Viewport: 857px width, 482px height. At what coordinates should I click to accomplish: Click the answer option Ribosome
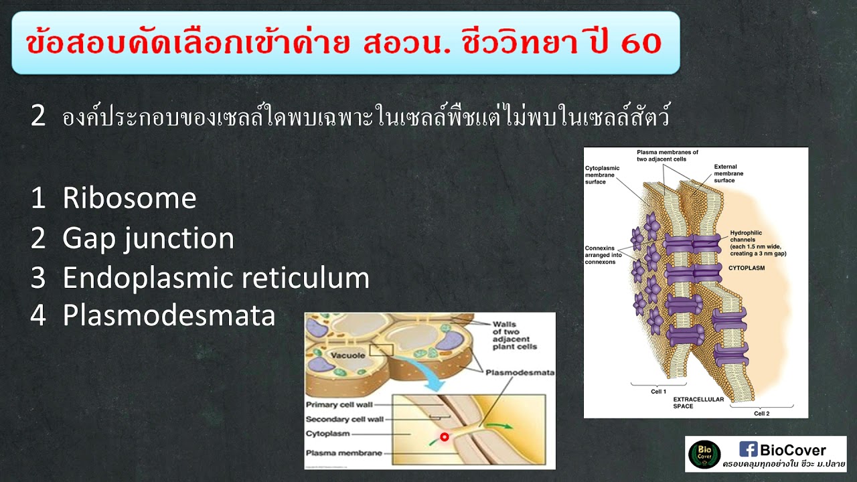(x=129, y=198)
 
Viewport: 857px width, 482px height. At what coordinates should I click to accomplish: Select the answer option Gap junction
(x=148, y=238)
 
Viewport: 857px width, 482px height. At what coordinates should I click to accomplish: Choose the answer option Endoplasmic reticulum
(x=216, y=278)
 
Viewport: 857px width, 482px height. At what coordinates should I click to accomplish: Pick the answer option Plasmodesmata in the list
(x=169, y=316)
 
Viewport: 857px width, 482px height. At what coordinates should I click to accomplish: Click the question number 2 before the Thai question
(x=38, y=116)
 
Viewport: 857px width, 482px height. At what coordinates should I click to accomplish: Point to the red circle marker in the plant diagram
(x=443, y=437)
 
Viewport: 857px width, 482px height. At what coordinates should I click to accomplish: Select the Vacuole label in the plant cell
(x=351, y=355)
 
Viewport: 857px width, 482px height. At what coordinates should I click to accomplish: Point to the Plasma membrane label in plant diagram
(x=343, y=453)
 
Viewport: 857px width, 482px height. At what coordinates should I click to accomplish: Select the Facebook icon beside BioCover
(x=748, y=449)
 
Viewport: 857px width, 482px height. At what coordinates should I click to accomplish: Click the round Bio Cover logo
(x=704, y=454)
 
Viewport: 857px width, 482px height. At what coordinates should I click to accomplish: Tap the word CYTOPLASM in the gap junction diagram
(x=747, y=268)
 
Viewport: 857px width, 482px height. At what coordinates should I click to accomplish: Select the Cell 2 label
(x=762, y=413)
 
